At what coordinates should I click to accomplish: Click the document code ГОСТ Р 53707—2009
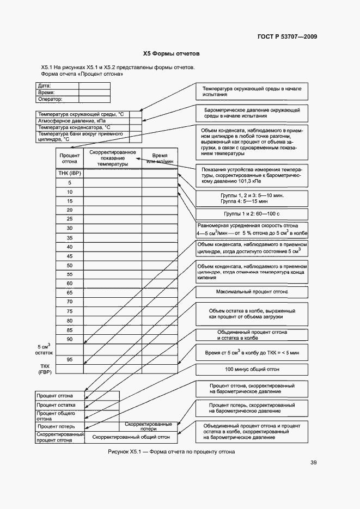point(287,37)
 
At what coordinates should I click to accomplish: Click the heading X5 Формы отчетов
point(172,54)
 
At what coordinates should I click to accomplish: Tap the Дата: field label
point(45,86)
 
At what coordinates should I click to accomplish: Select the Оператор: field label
point(50,100)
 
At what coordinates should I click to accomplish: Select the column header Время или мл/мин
point(160,158)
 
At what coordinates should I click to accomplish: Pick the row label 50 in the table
point(70,265)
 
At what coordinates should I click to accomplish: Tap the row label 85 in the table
point(70,330)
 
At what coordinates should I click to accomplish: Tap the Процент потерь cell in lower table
point(52,426)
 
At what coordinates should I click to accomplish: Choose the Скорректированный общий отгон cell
point(131,437)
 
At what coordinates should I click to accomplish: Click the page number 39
point(313,463)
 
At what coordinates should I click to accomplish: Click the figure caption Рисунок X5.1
point(172,452)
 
